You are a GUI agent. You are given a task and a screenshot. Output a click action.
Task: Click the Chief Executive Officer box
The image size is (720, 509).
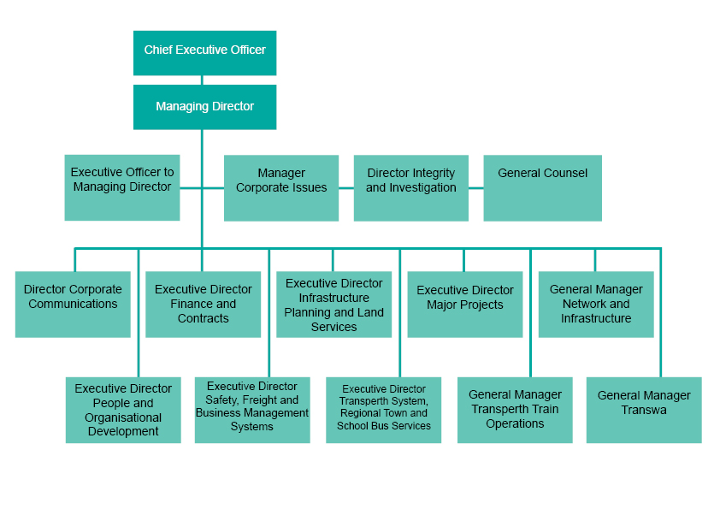coord(204,51)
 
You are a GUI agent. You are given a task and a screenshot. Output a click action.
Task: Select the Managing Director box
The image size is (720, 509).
coord(204,107)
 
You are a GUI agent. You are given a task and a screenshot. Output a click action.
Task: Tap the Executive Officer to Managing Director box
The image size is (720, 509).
coord(122,187)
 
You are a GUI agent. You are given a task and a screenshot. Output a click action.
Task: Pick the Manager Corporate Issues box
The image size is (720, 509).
coord(281,187)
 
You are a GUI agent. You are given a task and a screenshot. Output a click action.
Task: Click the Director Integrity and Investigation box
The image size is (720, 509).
coord(411,187)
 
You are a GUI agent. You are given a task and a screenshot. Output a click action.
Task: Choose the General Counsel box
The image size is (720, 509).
coord(542,187)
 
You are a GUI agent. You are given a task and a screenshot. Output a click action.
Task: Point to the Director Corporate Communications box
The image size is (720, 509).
coord(73,304)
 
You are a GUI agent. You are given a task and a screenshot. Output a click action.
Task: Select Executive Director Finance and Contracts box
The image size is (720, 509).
coord(204,304)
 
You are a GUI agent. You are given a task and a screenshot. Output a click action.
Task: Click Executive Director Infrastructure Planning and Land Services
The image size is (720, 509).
coord(333,305)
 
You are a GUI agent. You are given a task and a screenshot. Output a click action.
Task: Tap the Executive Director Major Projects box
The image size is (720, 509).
coord(464,304)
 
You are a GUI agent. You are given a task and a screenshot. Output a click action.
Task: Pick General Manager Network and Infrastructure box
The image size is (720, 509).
coord(596,304)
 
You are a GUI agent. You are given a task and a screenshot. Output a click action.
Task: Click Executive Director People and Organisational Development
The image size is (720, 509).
coord(123,410)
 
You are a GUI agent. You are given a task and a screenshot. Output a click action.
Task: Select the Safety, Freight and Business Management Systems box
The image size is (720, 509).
coord(252,410)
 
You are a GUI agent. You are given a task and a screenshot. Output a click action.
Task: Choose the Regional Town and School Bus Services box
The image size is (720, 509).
coord(383,410)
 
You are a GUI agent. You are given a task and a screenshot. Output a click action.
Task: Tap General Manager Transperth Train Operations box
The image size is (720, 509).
coord(515,410)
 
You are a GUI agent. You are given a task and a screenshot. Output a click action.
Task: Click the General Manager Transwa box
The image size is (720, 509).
coord(644,410)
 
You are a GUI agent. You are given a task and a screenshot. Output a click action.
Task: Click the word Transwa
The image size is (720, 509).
coord(644,410)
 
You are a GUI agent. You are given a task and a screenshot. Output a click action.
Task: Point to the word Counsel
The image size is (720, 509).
coord(565,173)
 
